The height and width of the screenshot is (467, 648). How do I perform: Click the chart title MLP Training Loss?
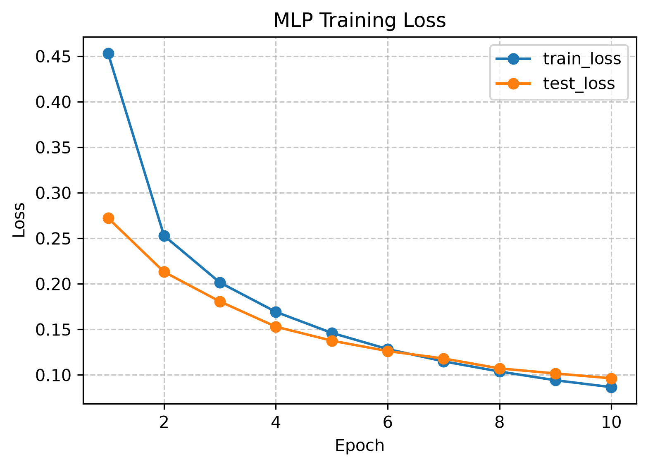tap(360, 21)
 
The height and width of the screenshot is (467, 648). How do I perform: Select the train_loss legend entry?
tap(558, 59)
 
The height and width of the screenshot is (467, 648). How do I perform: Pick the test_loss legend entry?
tap(555, 84)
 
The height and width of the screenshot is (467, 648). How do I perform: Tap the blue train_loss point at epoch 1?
tap(108, 53)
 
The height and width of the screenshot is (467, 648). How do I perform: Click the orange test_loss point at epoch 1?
tap(108, 218)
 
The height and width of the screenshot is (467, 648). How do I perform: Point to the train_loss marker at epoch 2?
tap(164, 236)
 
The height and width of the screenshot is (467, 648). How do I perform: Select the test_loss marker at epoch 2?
tap(164, 272)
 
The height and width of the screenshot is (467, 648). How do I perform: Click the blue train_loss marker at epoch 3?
tap(220, 283)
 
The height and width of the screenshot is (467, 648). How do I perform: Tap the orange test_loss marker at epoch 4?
tap(276, 327)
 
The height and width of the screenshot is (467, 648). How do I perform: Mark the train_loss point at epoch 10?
tap(611, 388)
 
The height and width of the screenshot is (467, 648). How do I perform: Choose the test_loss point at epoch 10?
tap(611, 378)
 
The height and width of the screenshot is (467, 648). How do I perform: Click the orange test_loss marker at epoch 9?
tap(555, 374)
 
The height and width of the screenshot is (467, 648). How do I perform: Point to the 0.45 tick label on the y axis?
tap(53, 57)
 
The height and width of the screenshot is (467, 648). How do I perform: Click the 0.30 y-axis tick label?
tap(53, 193)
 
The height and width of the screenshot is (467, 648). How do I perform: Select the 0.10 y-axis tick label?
tap(53, 376)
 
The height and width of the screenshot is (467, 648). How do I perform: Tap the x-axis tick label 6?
tap(388, 422)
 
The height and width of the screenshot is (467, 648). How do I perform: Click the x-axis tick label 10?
tap(611, 422)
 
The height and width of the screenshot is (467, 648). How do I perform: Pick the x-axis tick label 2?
tap(164, 422)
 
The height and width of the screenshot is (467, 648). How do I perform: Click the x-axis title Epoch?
tap(360, 445)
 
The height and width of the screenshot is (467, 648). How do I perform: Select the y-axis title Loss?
tap(19, 220)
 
